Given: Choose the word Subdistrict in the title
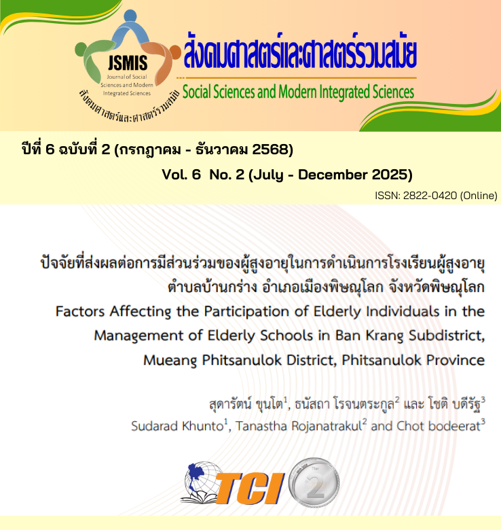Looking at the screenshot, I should click(445, 336).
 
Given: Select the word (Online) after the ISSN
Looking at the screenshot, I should click(479, 196).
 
